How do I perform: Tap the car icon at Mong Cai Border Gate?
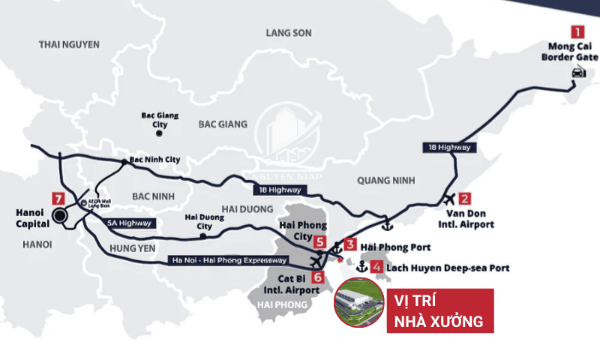pos(577,72)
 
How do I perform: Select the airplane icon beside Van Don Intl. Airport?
pos(448,200)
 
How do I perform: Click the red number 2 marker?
pos(465,199)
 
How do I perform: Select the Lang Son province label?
pos(289,33)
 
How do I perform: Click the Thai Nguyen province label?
pos(69,45)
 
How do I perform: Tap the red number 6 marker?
pos(319,277)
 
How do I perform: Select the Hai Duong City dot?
pos(203,236)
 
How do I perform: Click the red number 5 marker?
pos(320,242)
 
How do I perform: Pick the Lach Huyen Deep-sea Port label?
pos(448,267)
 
